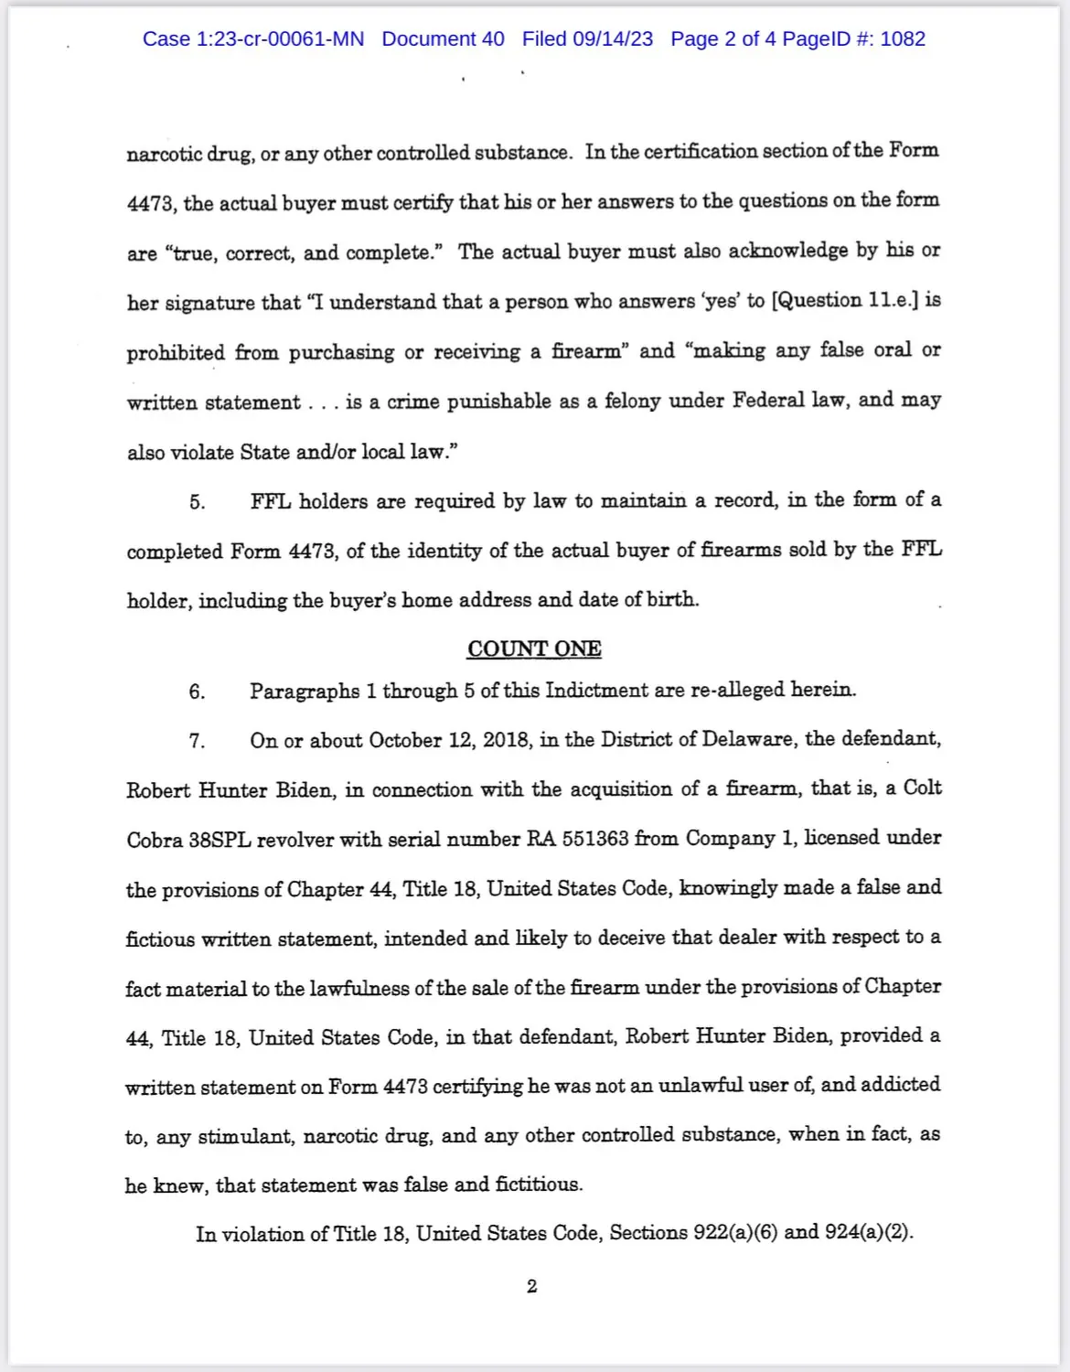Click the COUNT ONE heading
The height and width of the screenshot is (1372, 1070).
tap(534, 648)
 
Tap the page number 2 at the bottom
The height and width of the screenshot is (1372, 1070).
tap(532, 1286)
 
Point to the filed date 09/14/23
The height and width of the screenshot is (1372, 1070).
tap(613, 39)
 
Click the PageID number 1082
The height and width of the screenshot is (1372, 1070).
tap(903, 39)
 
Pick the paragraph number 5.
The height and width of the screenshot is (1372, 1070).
tap(198, 502)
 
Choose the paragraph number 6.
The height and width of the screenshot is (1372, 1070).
tap(198, 691)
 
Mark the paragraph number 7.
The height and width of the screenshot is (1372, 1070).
tap(198, 741)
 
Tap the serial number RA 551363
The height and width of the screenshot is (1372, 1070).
tap(578, 839)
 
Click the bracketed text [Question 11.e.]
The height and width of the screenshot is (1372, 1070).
tap(845, 301)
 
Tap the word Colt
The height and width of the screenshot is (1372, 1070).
tap(922, 788)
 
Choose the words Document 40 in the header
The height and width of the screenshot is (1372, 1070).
tap(443, 39)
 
